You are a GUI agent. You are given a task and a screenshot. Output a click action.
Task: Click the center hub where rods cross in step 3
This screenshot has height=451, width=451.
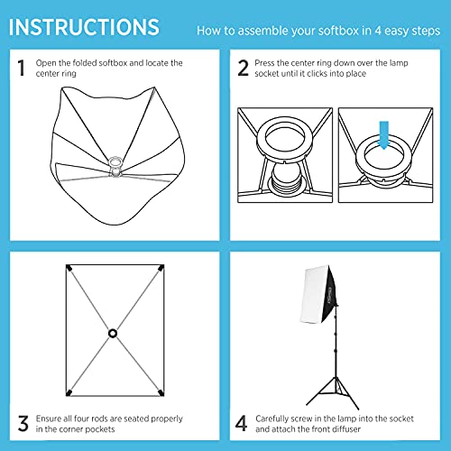tap(114, 333)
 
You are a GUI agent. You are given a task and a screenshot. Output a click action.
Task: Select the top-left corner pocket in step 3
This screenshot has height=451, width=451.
tap(69, 270)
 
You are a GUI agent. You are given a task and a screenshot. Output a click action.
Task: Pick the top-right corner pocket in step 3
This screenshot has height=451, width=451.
tap(160, 270)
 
